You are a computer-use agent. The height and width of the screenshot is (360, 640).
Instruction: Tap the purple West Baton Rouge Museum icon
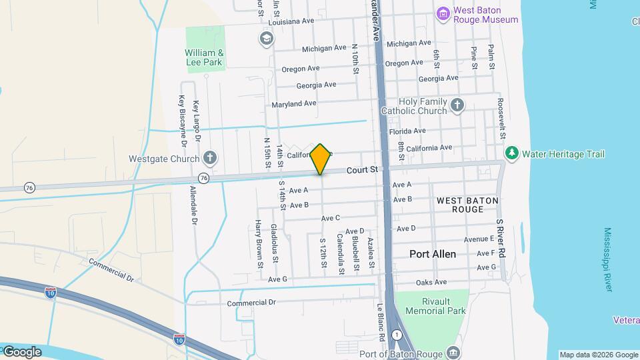point(443,13)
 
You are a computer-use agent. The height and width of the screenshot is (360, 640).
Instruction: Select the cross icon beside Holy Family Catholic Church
point(457,105)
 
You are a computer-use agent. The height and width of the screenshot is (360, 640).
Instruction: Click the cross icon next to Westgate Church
point(210,159)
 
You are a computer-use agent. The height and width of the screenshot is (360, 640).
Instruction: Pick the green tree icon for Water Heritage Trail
point(512,154)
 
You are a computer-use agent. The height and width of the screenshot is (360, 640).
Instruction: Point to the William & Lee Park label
point(203,57)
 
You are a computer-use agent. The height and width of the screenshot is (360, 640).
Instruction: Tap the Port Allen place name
point(433,254)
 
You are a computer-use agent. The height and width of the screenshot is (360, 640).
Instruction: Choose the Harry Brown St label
point(260,245)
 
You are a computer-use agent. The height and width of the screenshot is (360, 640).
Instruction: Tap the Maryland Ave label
point(294,104)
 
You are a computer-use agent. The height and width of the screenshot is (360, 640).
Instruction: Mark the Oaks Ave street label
point(431,283)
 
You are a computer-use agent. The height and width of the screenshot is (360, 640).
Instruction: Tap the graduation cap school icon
point(267,38)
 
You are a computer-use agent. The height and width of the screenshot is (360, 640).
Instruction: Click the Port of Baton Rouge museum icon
point(453,351)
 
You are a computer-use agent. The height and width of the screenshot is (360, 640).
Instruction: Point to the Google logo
point(21,351)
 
